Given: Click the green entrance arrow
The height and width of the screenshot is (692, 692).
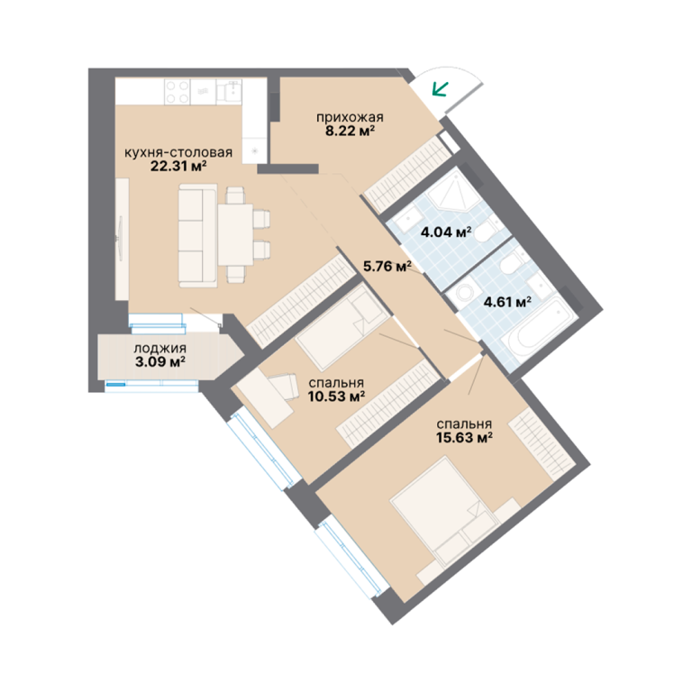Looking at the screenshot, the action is point(440,88).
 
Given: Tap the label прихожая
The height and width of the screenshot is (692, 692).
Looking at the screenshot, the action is point(350,117).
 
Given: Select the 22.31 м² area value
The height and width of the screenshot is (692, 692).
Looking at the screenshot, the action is point(178,167).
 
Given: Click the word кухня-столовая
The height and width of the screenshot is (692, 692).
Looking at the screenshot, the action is point(178,152).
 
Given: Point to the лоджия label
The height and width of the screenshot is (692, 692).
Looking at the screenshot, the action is point(159,348).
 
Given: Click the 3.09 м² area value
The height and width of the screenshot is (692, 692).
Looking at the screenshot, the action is point(159,362).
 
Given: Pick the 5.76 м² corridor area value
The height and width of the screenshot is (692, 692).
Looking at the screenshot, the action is point(387,266).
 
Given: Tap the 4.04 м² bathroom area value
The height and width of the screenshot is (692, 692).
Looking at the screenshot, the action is point(446,232).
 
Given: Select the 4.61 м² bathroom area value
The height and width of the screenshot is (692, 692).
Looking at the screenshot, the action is point(507,303).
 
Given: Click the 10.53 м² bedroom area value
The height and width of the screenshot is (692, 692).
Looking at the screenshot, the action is point(336,396).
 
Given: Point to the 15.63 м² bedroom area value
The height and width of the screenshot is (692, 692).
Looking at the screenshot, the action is point(464,437).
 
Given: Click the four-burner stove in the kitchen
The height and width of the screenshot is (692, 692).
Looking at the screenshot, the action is point(178,92).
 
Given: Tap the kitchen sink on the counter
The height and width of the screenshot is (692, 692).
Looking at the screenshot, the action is point(229,92).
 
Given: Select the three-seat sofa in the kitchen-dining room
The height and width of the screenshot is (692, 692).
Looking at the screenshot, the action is point(197,236).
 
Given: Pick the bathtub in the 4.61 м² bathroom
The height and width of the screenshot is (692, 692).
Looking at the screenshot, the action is point(541,328).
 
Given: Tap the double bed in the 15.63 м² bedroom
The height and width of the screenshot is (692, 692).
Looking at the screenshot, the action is point(445,511).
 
